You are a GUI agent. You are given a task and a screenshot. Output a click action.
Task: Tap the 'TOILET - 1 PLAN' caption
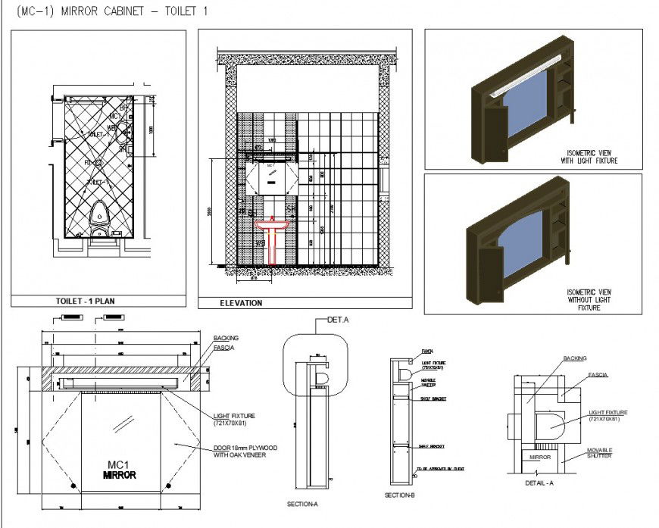(85, 301)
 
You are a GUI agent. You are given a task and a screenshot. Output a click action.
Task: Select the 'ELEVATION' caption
(241, 303)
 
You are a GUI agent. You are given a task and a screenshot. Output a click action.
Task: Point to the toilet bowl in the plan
(98, 215)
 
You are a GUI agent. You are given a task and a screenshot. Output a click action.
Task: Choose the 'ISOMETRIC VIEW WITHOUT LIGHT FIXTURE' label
(589, 300)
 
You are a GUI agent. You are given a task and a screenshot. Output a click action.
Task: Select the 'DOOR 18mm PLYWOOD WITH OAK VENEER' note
(245, 451)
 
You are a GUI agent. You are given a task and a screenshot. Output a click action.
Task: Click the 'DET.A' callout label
(337, 320)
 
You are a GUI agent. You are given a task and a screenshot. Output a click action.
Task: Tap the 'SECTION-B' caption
(399, 495)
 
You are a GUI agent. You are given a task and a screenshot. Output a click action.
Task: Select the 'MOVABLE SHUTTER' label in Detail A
(599, 453)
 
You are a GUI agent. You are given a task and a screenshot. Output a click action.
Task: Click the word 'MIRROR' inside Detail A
(539, 458)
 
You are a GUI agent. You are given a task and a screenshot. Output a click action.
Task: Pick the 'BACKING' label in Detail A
(575, 358)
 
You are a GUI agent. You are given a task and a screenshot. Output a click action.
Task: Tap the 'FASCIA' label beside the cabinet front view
(223, 348)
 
